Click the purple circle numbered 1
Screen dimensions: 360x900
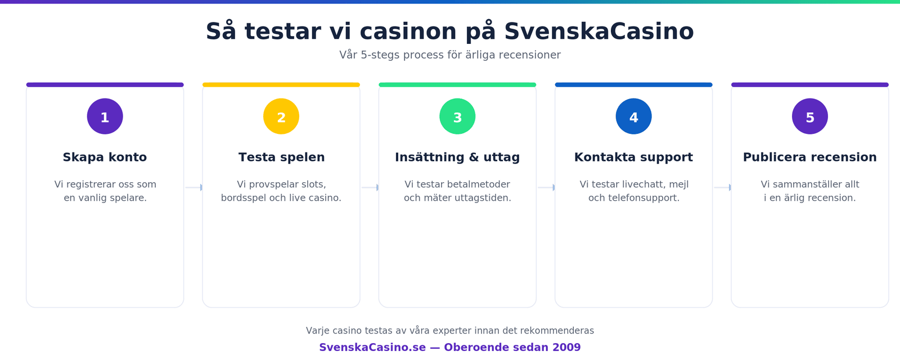click(x=105, y=116)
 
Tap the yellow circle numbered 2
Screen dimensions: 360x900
click(x=281, y=116)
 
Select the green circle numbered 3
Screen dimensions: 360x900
click(x=457, y=116)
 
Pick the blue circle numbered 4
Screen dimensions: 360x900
click(x=634, y=116)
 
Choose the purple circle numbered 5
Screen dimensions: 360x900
click(x=810, y=116)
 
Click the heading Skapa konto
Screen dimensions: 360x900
click(x=105, y=157)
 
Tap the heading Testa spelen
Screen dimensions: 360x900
click(x=281, y=157)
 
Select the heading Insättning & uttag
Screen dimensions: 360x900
click(x=457, y=157)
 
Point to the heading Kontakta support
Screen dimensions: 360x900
click(x=633, y=157)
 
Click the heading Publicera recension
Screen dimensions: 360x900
click(x=810, y=157)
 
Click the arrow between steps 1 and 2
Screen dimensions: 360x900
click(x=193, y=187)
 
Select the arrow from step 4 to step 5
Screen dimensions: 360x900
click(x=722, y=187)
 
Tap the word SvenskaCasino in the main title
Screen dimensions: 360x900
click(x=599, y=31)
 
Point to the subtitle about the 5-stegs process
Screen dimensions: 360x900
click(x=450, y=55)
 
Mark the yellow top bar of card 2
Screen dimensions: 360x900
click(x=281, y=85)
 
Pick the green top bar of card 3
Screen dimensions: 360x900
click(x=457, y=85)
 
